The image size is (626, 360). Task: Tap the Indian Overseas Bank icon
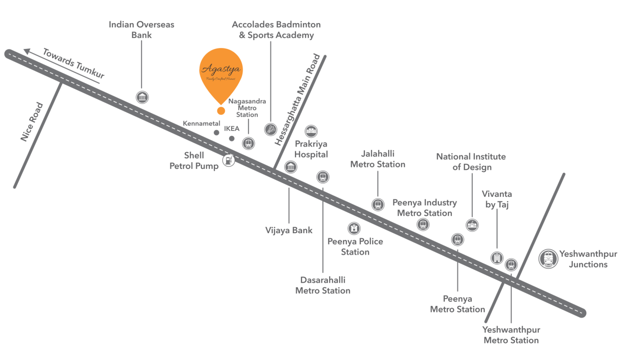coord(142,97)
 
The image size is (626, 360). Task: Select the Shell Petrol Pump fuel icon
coord(229,160)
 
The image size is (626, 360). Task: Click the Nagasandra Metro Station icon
coord(248,143)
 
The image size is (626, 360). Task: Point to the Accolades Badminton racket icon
coord(270,129)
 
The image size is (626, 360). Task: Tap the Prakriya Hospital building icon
coord(311,131)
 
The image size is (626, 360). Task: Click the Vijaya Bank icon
coord(291,167)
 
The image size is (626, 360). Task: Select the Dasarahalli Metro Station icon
coord(323,177)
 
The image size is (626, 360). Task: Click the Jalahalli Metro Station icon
coord(378,204)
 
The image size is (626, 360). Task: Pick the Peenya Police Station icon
coord(354,228)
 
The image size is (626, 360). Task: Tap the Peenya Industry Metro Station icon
coord(423,224)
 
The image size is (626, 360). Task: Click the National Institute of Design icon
coord(472,225)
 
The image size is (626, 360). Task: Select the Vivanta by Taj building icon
coord(497,258)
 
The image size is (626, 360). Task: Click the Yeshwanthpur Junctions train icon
coord(548,259)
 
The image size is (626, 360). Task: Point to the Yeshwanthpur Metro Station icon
coord(511,264)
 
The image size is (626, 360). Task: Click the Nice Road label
coord(32,122)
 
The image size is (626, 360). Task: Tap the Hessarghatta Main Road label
coord(297,99)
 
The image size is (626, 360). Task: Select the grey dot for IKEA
coord(232,139)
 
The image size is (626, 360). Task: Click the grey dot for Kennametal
coord(216,133)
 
